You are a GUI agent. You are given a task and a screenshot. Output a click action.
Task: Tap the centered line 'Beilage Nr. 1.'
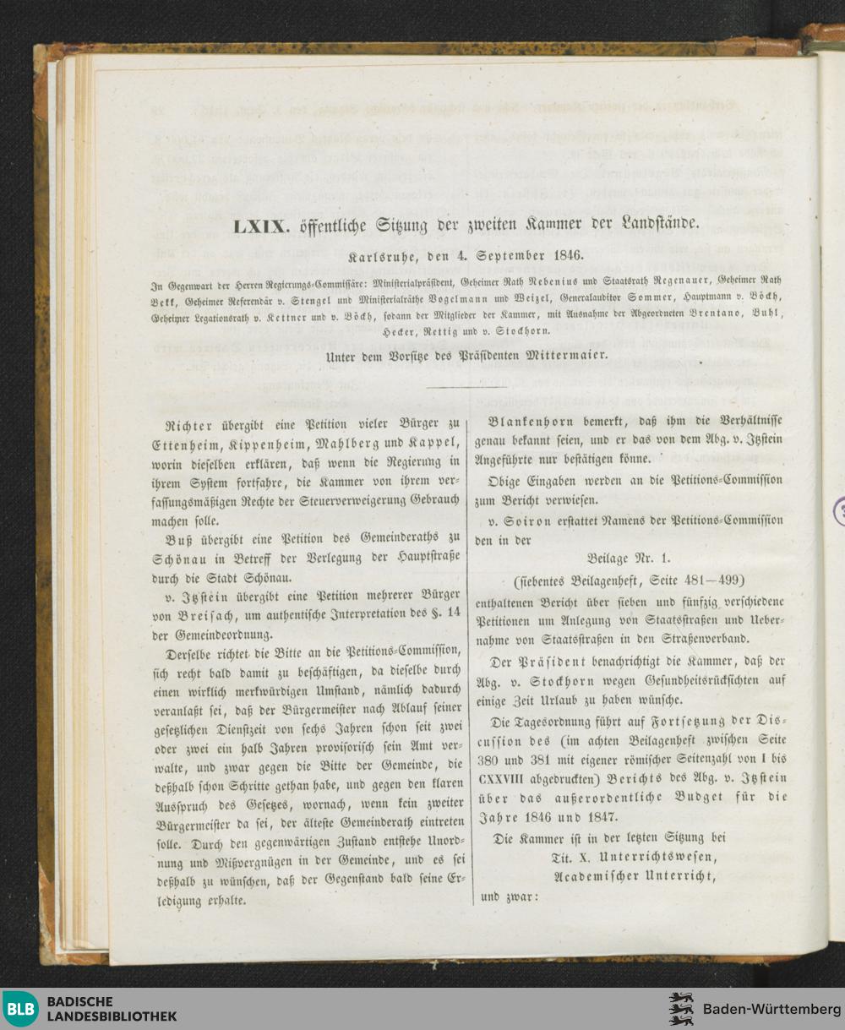[x=629, y=559]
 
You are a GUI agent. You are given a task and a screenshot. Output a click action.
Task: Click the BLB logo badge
[x=20, y=1009]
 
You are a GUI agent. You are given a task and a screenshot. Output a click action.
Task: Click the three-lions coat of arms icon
[x=681, y=1009]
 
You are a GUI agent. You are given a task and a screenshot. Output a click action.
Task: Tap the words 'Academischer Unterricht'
[x=635, y=877]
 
